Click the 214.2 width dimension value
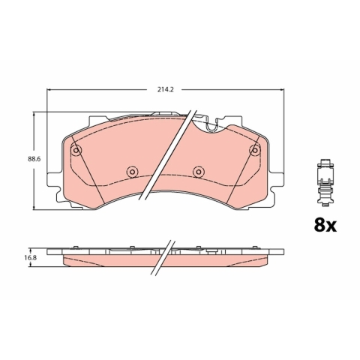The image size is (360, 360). pos(165,89)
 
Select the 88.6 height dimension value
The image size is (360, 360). pos(34,159)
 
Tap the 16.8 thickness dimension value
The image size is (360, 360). pos(31,257)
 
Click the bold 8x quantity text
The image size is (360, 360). pos(325,225)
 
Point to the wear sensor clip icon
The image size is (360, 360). pos(325,182)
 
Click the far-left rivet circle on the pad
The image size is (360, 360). pos(76,150)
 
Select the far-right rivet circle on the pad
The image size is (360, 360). pos(255,150)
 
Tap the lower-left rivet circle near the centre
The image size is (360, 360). pos(132,172)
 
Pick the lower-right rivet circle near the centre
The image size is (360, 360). pos(198,172)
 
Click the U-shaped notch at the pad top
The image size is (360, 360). pos(211,127)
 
